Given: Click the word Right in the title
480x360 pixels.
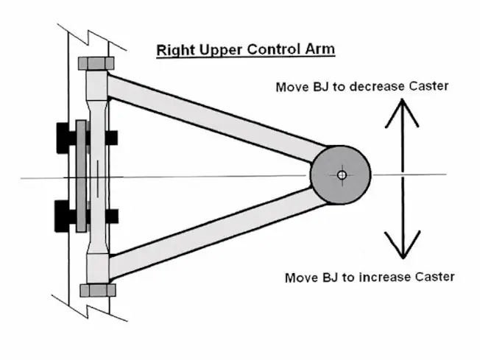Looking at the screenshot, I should [173, 50].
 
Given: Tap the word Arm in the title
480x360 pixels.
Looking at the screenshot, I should [320, 50].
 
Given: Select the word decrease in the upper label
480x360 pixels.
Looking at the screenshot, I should [372, 87].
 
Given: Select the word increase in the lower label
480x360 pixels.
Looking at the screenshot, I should [380, 278].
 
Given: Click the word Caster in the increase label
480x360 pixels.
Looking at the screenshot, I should [433, 278].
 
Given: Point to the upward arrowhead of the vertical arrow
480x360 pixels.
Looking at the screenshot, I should [402, 110].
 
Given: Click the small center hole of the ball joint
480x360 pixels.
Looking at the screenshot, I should [342, 175].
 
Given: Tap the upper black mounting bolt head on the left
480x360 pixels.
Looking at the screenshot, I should [64, 137].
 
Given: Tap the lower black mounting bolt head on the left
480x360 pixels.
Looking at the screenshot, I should [64, 216].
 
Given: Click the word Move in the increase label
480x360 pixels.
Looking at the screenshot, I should [301, 278].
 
